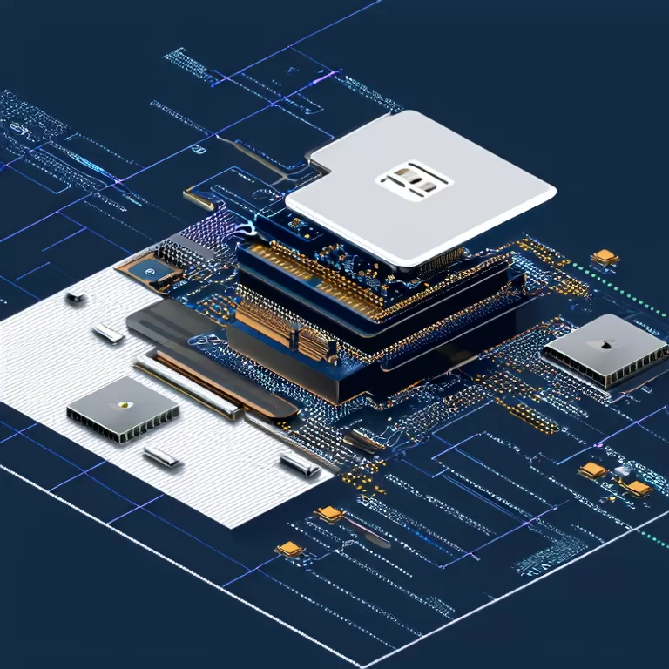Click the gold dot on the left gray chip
pos(124,403)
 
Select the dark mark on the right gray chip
pos(598,345)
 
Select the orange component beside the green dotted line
pos(605,257)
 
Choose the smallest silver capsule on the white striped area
pos(76,298)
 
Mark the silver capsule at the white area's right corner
pos(300,464)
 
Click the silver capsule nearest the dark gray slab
pos(109,332)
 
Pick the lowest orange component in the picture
pos(290,549)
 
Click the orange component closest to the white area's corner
pos(330,514)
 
